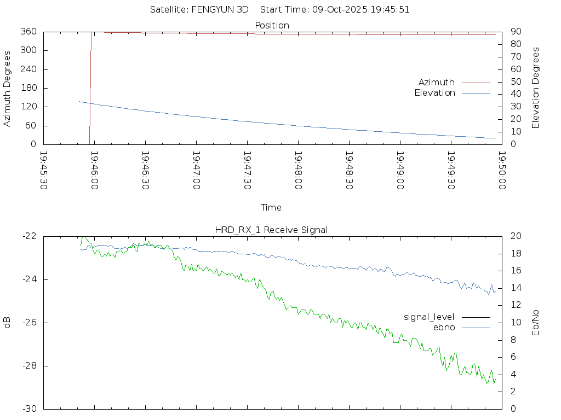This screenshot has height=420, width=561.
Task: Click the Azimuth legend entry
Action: [x=437, y=82]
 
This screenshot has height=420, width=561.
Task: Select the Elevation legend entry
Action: [x=434, y=93]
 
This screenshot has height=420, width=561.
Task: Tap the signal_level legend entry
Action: [x=429, y=317]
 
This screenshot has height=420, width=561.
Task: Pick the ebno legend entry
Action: [x=444, y=327]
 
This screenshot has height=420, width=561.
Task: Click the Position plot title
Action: [x=272, y=26]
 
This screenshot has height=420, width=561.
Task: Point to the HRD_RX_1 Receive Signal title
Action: [x=271, y=230]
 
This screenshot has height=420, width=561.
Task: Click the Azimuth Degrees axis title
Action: [x=7, y=88]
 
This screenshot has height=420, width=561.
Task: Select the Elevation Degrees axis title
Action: [x=536, y=87]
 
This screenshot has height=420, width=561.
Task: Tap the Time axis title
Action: [x=271, y=207]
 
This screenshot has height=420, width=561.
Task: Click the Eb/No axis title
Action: [x=536, y=322]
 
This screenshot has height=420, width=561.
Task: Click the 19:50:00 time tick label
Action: [x=501, y=170]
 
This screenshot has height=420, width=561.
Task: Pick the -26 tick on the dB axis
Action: [x=28, y=323]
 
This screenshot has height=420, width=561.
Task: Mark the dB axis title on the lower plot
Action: [x=7, y=323]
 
